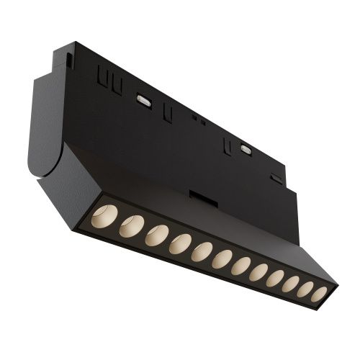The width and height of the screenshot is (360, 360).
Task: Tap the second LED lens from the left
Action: click(x=132, y=226)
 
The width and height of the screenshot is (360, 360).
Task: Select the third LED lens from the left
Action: click(x=156, y=235)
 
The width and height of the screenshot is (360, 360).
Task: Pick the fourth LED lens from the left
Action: click(x=180, y=244)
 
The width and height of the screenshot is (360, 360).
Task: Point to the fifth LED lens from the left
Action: click(x=202, y=252)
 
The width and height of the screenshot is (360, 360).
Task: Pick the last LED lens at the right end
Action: click(x=318, y=294)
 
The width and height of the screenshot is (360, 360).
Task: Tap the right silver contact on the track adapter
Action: click(x=246, y=150)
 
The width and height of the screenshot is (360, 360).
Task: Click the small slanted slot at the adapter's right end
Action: click(x=276, y=178)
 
